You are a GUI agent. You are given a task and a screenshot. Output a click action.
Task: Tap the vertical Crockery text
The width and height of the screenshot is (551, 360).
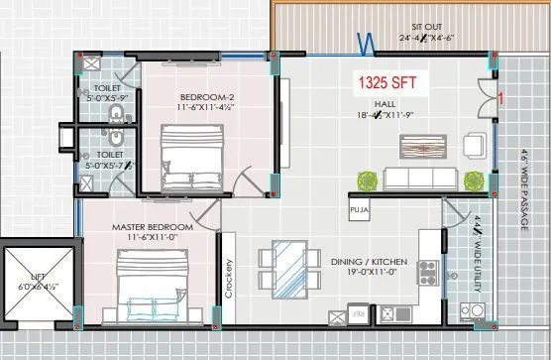coord(227,279)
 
